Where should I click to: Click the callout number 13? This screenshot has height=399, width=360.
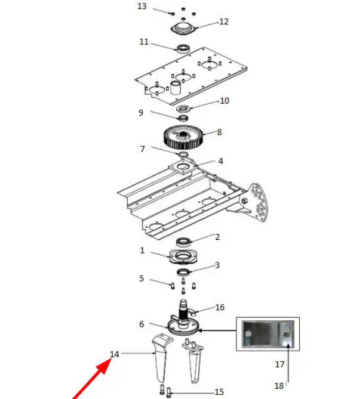142,6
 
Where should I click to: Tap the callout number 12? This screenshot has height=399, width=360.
224,21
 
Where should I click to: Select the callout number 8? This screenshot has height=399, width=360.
219,132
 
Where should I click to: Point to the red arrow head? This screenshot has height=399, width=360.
104,365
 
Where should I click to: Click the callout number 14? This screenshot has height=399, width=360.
115,354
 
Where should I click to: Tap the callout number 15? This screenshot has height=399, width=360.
219,392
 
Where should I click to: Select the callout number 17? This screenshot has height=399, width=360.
279,364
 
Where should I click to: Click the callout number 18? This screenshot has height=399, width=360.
279,386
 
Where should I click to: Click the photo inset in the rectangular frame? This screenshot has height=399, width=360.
268,334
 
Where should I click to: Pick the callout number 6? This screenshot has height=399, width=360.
141,324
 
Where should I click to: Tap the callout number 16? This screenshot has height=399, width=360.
220,307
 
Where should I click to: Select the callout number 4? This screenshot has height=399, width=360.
221,161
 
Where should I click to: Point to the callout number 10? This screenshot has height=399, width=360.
224,101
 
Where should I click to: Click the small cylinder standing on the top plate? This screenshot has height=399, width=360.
176,88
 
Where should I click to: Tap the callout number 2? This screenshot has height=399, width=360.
217,237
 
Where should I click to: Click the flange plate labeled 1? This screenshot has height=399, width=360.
183,256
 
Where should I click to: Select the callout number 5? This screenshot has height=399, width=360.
141,279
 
